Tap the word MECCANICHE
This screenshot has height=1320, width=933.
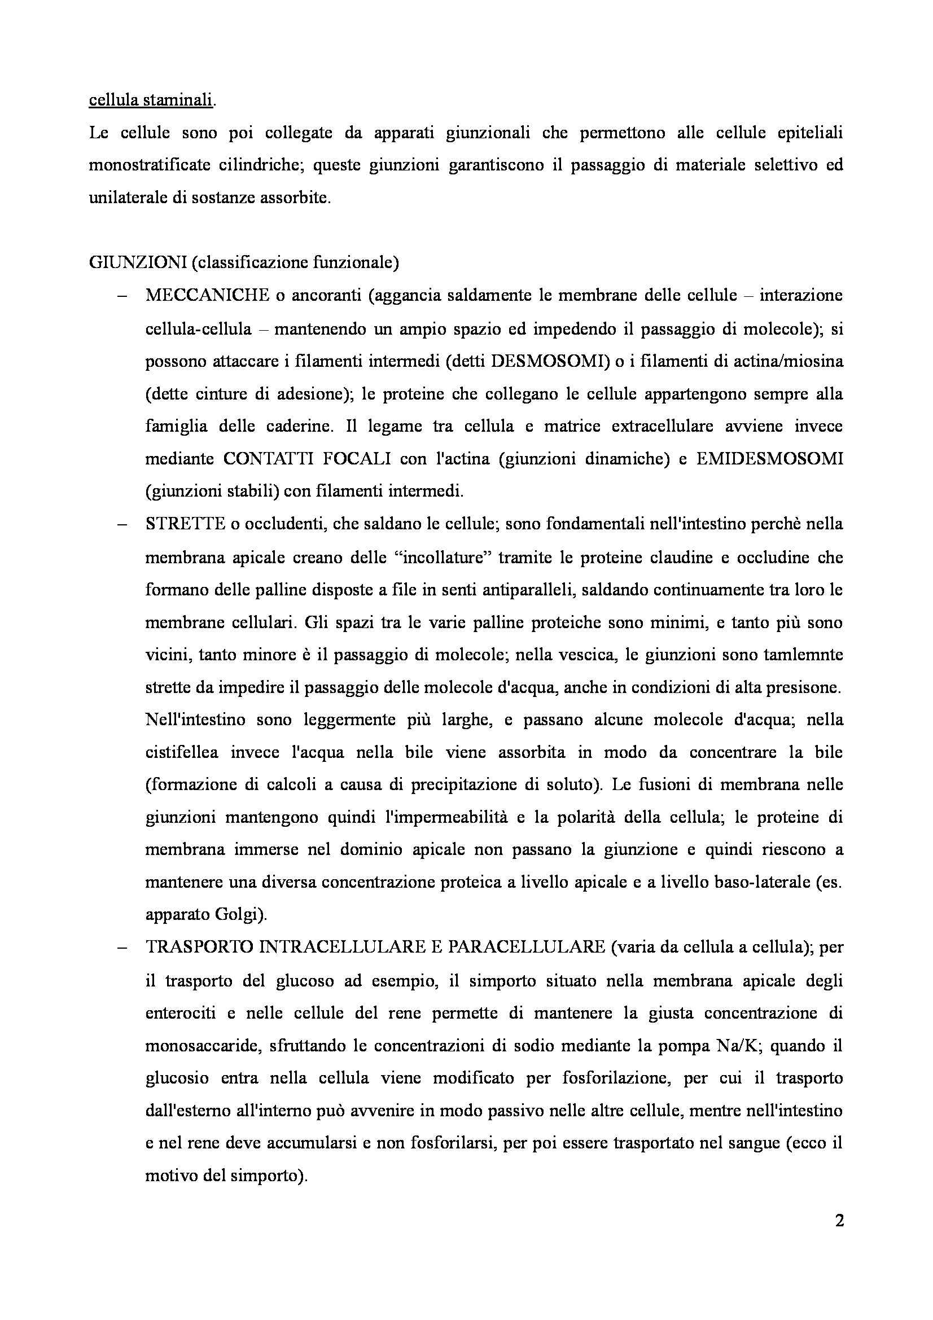click(x=207, y=296)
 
